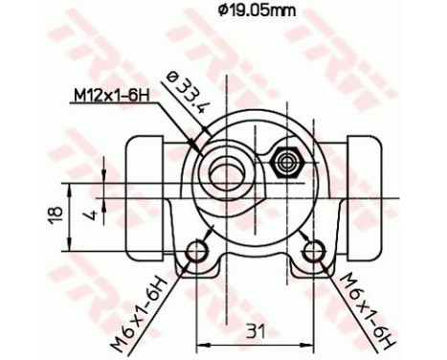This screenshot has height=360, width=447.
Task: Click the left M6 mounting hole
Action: (198, 252)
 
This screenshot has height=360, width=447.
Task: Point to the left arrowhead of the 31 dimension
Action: (201, 341)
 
